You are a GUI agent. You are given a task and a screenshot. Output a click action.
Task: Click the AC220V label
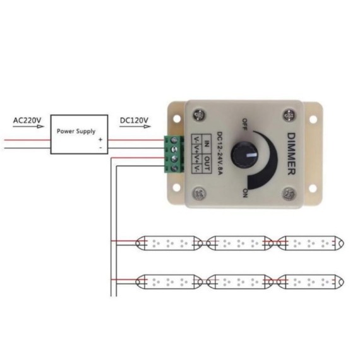(27, 119)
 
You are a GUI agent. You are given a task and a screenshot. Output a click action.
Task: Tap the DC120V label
(134, 119)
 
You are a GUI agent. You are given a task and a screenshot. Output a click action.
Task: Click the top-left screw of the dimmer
(200, 115)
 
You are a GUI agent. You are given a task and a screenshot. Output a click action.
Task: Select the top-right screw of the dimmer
(289, 115)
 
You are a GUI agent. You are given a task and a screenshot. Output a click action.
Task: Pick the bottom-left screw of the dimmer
(200, 192)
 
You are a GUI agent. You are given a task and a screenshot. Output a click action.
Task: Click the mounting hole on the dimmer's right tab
(313, 119)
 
